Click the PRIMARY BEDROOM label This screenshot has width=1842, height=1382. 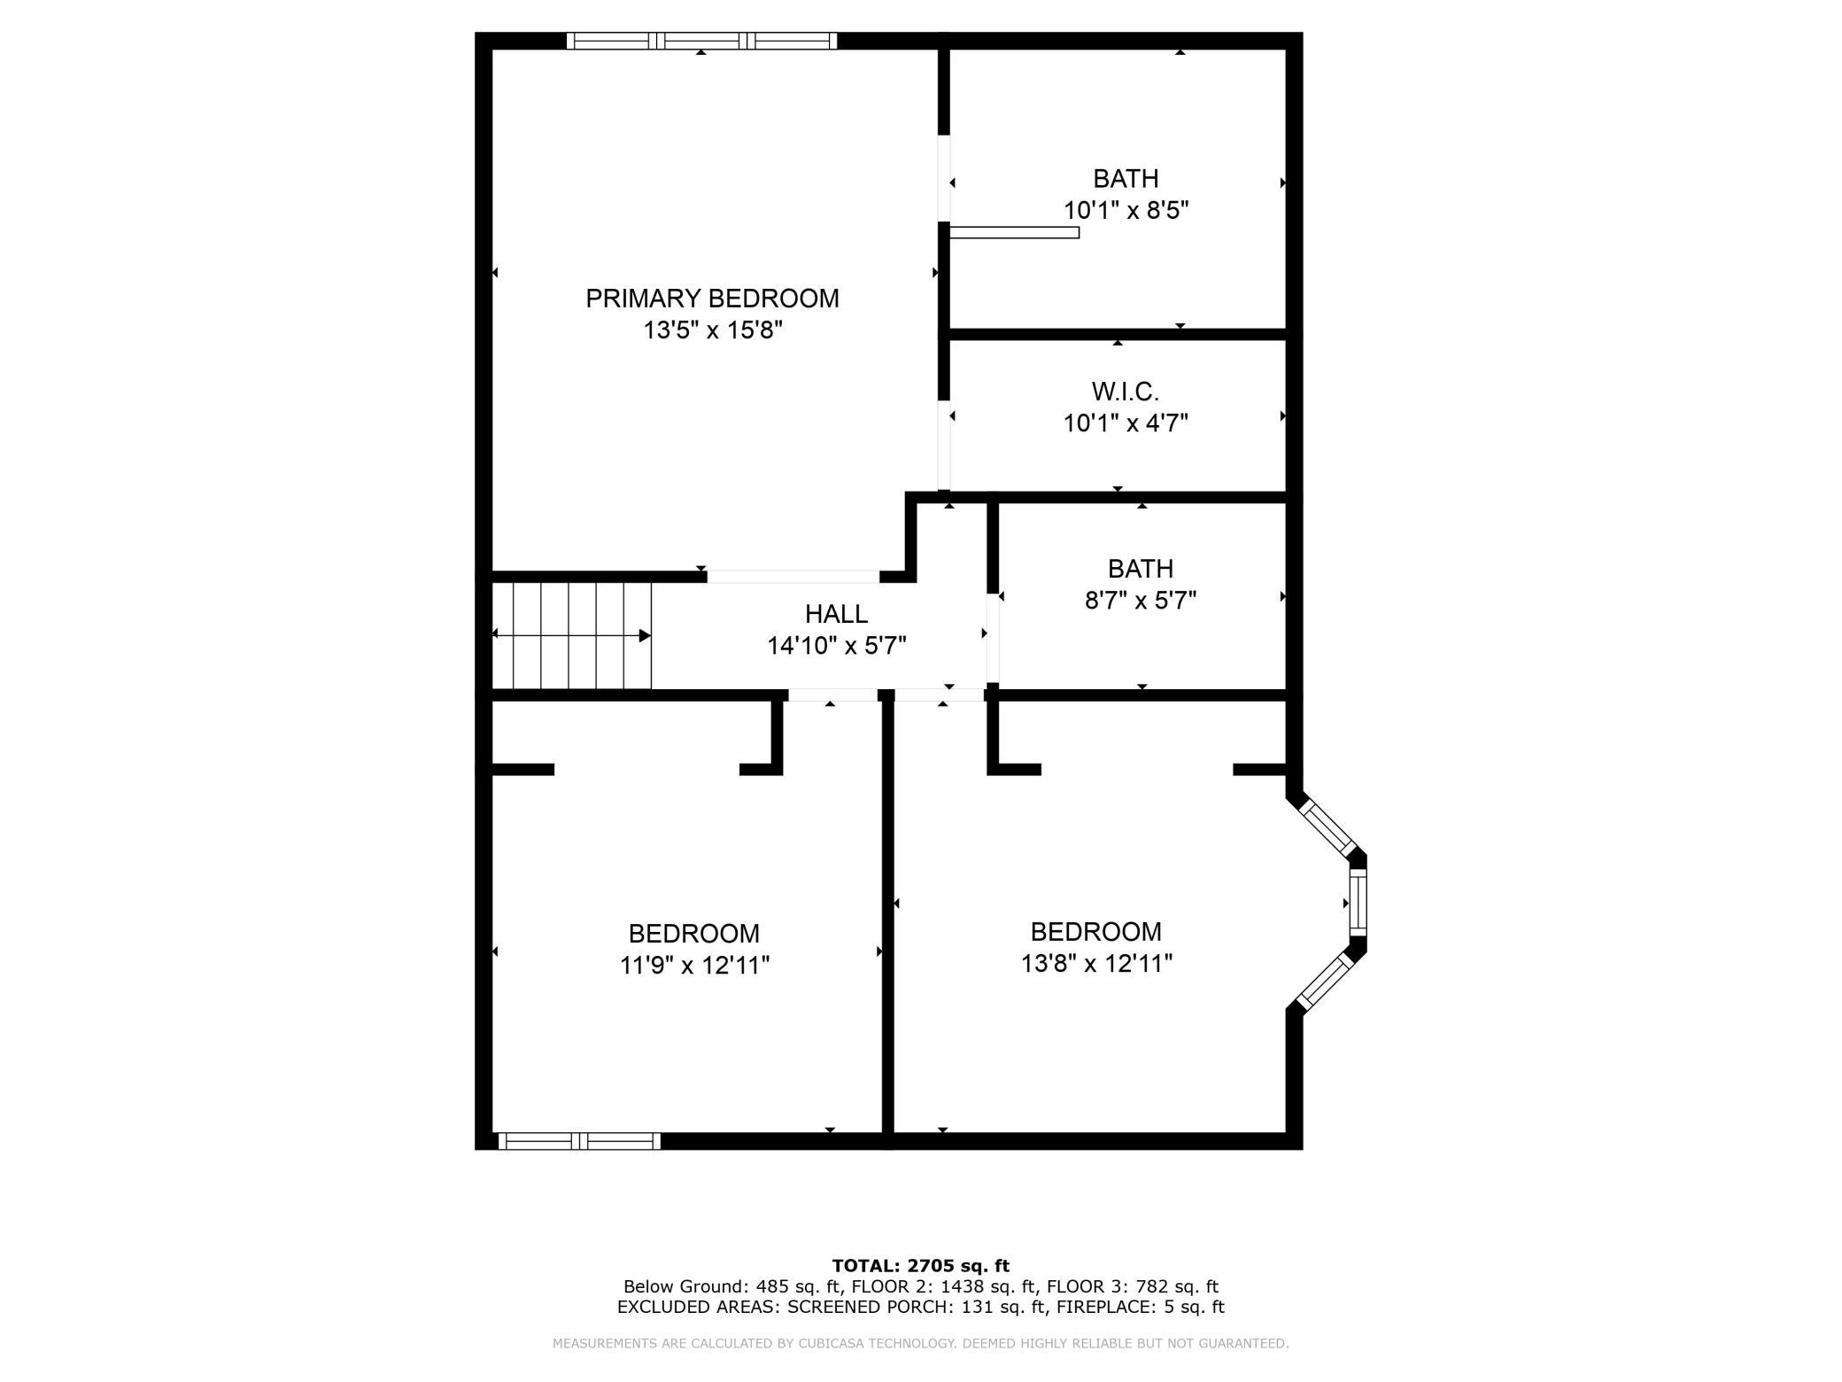[712, 299]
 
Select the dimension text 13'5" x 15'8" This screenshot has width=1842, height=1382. [712, 330]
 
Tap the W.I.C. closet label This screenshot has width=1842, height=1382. [1125, 391]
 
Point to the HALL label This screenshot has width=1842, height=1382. [836, 613]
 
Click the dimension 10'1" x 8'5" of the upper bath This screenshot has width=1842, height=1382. [1125, 211]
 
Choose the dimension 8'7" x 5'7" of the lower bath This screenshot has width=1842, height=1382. [1140, 601]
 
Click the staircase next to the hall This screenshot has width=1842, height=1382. [572, 634]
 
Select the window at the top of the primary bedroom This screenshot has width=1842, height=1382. [701, 41]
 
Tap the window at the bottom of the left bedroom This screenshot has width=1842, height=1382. [579, 1141]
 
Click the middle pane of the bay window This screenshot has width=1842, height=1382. [1358, 903]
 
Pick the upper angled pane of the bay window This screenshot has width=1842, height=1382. [1326, 829]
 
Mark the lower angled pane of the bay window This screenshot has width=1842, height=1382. [1325, 981]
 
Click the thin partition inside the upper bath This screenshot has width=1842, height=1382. [1014, 232]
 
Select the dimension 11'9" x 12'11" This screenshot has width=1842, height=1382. [694, 965]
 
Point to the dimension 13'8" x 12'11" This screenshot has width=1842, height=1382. [1095, 963]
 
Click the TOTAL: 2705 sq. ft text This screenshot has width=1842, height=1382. [920, 1265]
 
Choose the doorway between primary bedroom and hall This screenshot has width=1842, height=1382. [793, 577]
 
